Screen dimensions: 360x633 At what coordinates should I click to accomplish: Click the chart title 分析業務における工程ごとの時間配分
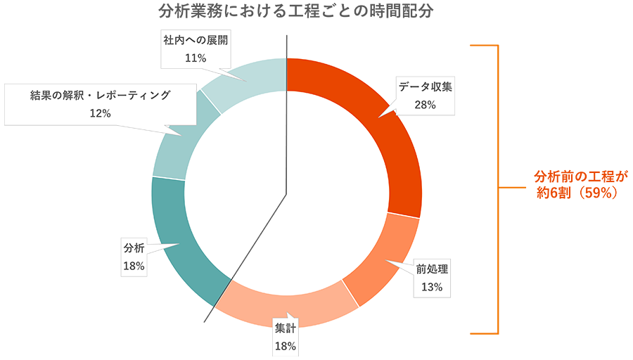[296, 13]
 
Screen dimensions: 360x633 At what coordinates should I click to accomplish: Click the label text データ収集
[426, 88]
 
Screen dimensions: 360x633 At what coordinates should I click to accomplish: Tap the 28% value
[426, 105]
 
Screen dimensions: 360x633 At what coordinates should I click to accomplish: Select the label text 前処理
[432, 269]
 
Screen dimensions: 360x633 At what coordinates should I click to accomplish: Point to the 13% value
[432, 286]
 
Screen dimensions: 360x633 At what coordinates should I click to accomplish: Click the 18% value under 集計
[286, 346]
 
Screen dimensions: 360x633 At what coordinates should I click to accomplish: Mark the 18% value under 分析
[134, 266]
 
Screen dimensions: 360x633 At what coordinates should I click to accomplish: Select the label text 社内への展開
[195, 41]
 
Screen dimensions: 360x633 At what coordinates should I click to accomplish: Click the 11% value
[195, 58]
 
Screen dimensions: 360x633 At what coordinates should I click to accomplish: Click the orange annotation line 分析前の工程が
[581, 174]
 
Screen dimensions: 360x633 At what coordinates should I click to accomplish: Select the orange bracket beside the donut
[499, 190]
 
